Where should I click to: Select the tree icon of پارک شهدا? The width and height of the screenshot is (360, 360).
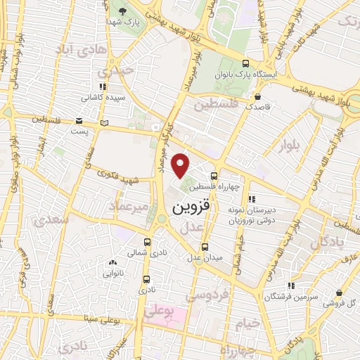[123, 12]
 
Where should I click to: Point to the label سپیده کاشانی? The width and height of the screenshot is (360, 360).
[108, 98]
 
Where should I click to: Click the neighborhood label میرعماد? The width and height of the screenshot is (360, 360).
[129, 205]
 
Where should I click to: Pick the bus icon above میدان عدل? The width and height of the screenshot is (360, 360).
[205, 247]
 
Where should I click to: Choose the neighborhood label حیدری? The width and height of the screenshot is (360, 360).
[115, 70]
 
